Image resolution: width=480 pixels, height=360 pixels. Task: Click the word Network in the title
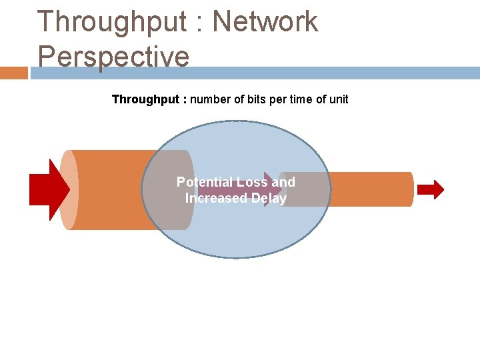pos(265,22)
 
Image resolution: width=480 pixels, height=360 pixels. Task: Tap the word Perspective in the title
pos(113,56)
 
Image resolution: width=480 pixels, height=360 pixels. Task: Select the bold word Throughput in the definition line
pos(145,99)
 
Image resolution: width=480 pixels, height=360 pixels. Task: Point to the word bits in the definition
pos(260,99)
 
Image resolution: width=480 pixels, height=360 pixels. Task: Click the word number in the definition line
pos(213,99)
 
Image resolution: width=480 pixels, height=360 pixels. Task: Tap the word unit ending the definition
pos(337,99)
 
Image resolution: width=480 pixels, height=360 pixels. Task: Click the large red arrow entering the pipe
pos(49,190)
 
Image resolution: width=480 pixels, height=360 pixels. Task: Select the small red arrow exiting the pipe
pos(431,190)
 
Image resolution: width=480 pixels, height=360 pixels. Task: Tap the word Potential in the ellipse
pos(205,182)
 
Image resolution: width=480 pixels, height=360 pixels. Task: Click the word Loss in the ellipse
pos(252,182)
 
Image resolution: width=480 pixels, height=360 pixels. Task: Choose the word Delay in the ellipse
pos(269,199)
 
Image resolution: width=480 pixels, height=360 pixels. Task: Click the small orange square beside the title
pos(13,73)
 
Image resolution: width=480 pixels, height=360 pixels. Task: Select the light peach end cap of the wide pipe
pos(68,190)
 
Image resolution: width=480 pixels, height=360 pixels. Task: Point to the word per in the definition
pos(281,100)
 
